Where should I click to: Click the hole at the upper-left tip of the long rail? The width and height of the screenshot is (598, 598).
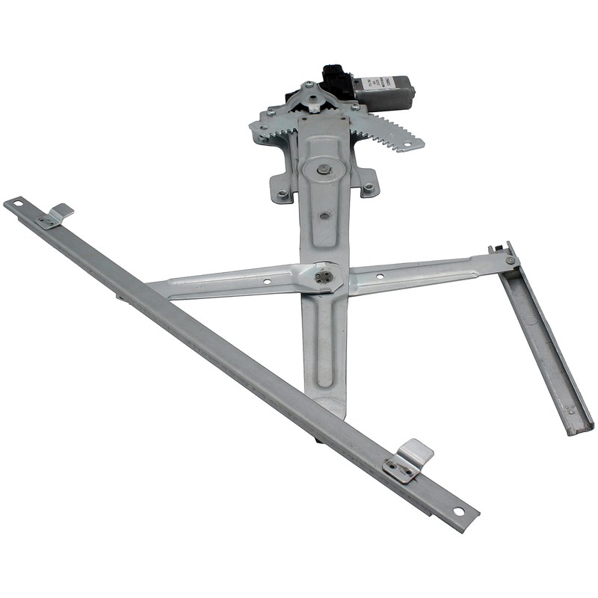point(13,203)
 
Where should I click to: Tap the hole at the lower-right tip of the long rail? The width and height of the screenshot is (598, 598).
point(457,511)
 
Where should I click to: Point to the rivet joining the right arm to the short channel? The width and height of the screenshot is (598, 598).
point(509,260)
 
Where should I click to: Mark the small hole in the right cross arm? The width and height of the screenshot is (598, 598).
point(380,276)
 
